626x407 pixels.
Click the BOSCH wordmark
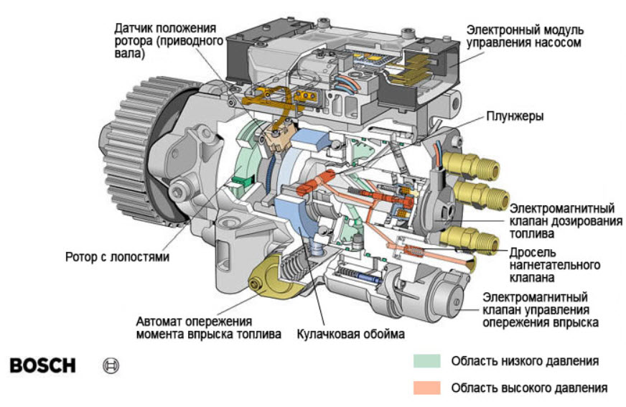42,365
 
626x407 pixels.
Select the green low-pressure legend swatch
426,361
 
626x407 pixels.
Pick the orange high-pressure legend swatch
426,388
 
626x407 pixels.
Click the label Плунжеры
515,116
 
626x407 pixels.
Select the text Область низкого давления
524,361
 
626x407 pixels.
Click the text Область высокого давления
528,388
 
